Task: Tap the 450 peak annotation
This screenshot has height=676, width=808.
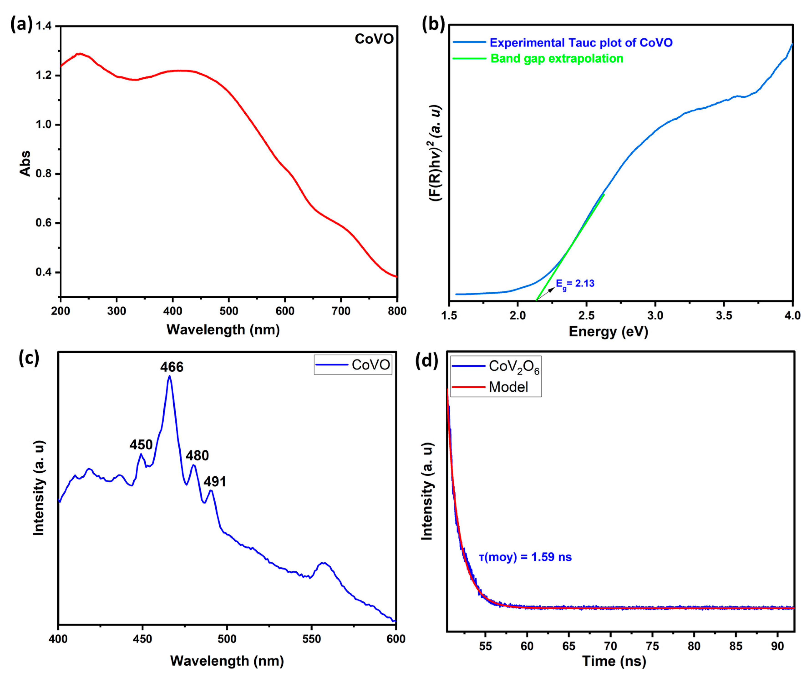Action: pos(141,445)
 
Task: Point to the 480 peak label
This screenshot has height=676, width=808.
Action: pos(197,456)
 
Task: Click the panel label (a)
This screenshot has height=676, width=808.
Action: pos(21,25)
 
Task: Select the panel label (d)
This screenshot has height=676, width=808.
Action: pos(427,362)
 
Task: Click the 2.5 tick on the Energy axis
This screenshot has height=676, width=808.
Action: pos(586,316)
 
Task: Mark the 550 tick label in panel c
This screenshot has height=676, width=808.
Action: pos(311,639)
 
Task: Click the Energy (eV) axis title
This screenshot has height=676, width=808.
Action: pos(608,332)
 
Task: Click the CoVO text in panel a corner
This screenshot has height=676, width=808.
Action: pos(374,39)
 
